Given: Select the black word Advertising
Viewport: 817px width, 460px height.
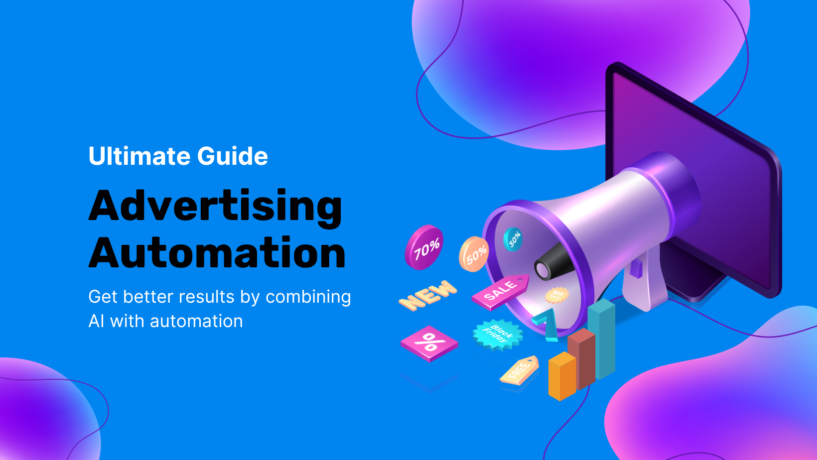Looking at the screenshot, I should [x=215, y=206].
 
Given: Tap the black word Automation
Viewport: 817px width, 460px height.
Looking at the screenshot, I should [x=217, y=253].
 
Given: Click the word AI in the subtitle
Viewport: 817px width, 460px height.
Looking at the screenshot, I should [x=96, y=322].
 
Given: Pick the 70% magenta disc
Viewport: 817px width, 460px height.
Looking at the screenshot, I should [x=424, y=247].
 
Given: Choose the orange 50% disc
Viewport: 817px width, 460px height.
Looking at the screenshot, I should [x=474, y=254].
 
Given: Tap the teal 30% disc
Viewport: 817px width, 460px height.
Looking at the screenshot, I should [x=513, y=238].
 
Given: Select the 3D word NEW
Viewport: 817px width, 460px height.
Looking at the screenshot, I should [x=427, y=295].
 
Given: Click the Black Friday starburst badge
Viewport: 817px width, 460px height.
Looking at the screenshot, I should [x=497, y=334].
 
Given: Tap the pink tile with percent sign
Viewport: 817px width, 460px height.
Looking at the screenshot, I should [x=429, y=343].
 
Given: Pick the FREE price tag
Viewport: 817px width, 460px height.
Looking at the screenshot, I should [x=520, y=370].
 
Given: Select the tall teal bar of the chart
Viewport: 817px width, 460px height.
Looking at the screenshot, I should [x=602, y=339].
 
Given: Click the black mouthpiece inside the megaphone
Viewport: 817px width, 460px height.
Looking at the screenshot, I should [x=553, y=263].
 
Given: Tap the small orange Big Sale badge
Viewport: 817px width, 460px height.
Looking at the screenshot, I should [x=556, y=295].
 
